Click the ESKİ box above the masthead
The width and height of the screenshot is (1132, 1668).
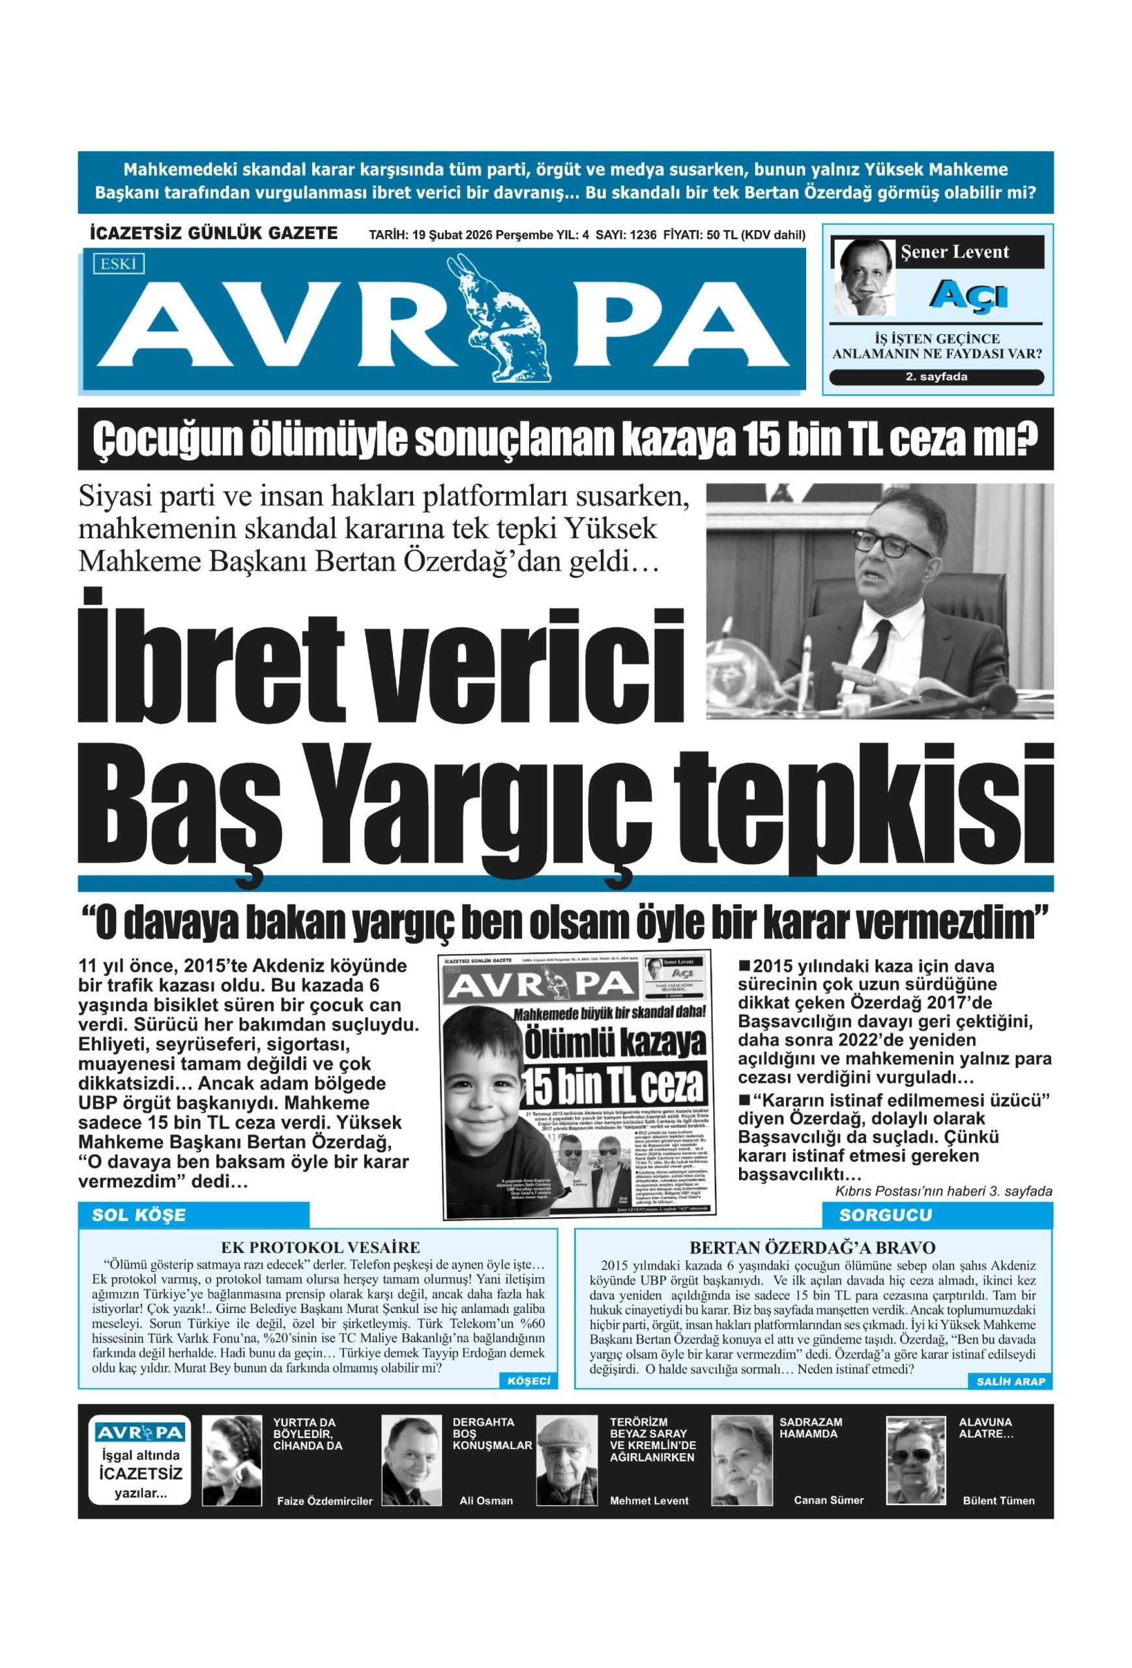[118, 264]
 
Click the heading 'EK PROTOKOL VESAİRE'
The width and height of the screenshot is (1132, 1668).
[320, 1247]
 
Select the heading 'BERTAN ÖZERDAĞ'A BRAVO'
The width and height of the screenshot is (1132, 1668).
[812, 1247]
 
